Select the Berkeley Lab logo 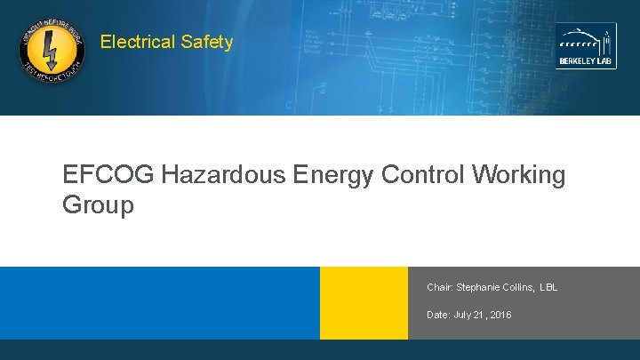pyautogui.click(x=586, y=45)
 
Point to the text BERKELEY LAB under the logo pyautogui.click(x=586, y=61)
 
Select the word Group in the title pyautogui.click(x=98, y=205)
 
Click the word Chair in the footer pyautogui.click(x=439, y=288)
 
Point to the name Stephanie pyautogui.click(x=480, y=288)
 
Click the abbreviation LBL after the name pyautogui.click(x=548, y=288)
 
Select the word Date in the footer pyautogui.click(x=438, y=316)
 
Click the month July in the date pyautogui.click(x=462, y=316)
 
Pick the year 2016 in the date pyautogui.click(x=500, y=316)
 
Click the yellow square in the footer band pyautogui.click(x=364, y=303)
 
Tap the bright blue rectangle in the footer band pyautogui.click(x=160, y=303)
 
